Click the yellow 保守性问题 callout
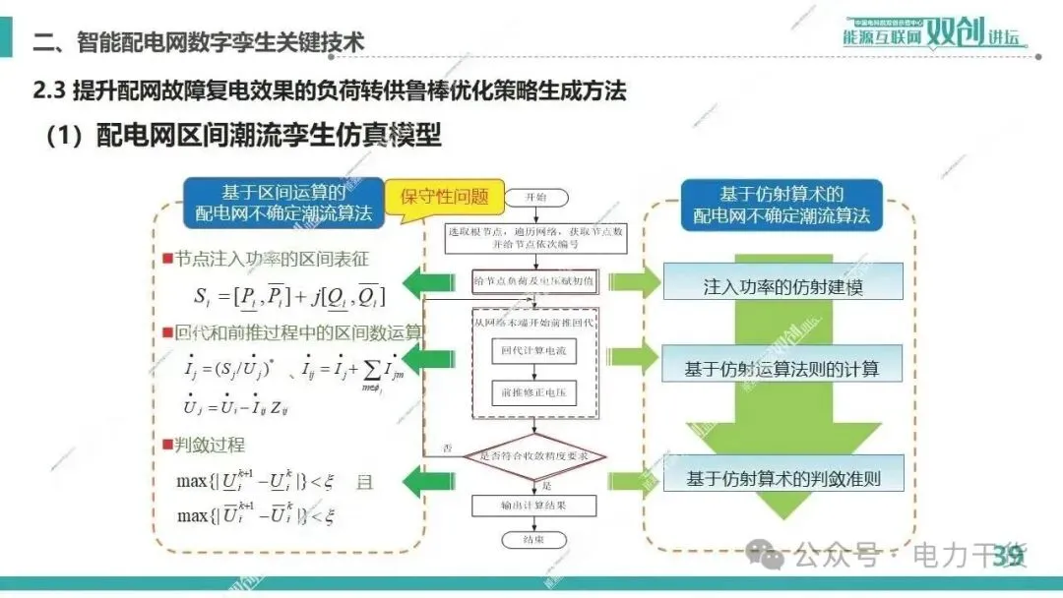tap(444, 195)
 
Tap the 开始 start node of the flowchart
tap(536, 197)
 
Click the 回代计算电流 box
tap(534, 350)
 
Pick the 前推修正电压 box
tap(534, 393)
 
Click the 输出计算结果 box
tap(534, 506)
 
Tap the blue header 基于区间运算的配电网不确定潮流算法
tap(283, 204)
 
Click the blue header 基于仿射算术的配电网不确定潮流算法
tap(782, 205)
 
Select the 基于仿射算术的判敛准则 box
tap(782, 479)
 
